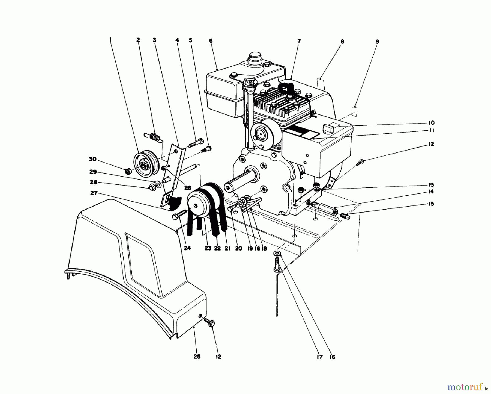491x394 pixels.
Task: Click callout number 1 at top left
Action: pos(110,40)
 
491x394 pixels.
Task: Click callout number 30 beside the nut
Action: pos(93,159)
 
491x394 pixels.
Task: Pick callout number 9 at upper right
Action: pos(377,42)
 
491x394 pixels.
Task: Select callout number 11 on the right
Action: pos(431,130)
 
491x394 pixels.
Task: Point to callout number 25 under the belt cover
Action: pos(197,357)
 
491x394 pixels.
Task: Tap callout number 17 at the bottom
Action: pos(320,357)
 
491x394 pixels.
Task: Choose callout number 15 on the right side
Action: pos(431,204)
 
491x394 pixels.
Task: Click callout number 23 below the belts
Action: pos(208,248)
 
